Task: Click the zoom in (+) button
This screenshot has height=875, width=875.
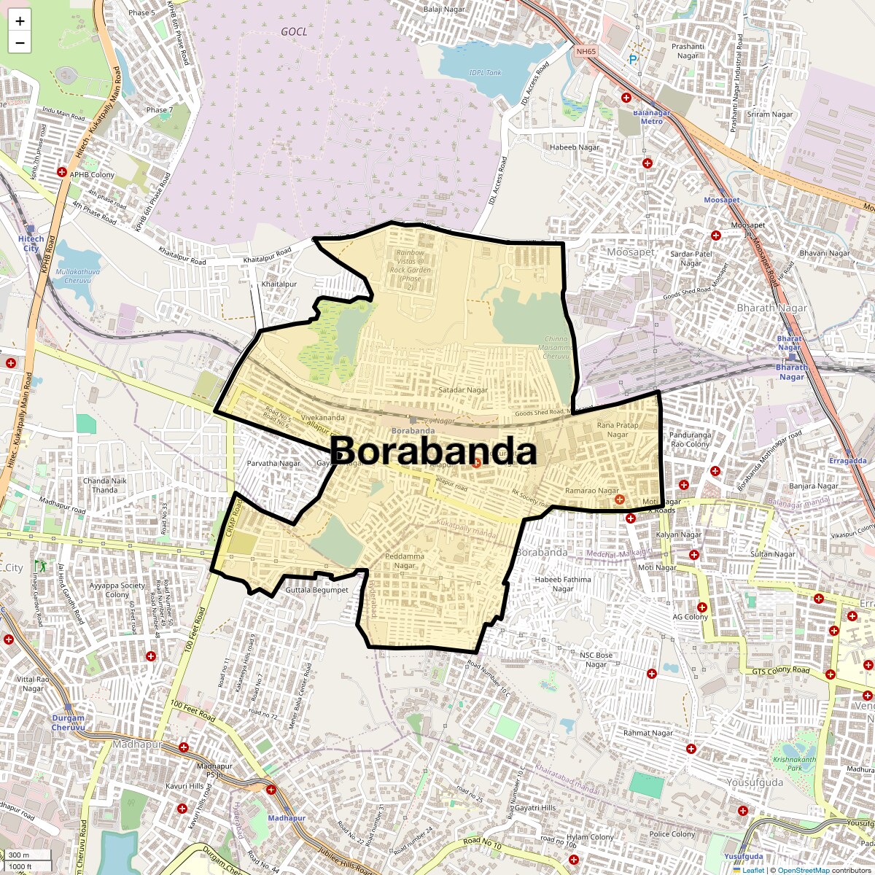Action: pyautogui.click(x=20, y=21)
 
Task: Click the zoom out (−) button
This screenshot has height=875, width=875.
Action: pyautogui.click(x=20, y=43)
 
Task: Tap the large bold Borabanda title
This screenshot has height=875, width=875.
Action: pyautogui.click(x=434, y=451)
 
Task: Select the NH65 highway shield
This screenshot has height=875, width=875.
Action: pyautogui.click(x=586, y=52)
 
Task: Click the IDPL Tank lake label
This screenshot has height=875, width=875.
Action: pyautogui.click(x=486, y=72)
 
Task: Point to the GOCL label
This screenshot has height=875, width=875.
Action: pyautogui.click(x=294, y=32)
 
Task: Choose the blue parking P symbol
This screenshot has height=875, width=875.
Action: pyautogui.click(x=633, y=59)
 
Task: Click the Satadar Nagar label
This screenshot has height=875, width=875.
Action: pyautogui.click(x=463, y=390)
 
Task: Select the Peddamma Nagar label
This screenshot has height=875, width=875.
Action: pyautogui.click(x=405, y=561)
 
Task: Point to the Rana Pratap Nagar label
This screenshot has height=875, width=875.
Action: pyautogui.click(x=618, y=429)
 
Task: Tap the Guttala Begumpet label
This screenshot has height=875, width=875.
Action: pyautogui.click(x=316, y=590)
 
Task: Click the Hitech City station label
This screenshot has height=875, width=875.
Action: pyautogui.click(x=31, y=244)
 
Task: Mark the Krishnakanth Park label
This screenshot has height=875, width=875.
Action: pyautogui.click(x=795, y=763)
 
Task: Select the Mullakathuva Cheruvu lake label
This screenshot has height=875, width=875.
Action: pyautogui.click(x=77, y=276)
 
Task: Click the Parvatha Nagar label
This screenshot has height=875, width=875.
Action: pyautogui.click(x=273, y=463)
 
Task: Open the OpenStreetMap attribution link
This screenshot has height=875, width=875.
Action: pyautogui.click(x=804, y=870)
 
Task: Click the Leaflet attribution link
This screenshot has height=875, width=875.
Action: pyautogui.click(x=753, y=870)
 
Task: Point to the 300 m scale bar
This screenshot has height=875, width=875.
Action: pyautogui.click(x=20, y=855)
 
